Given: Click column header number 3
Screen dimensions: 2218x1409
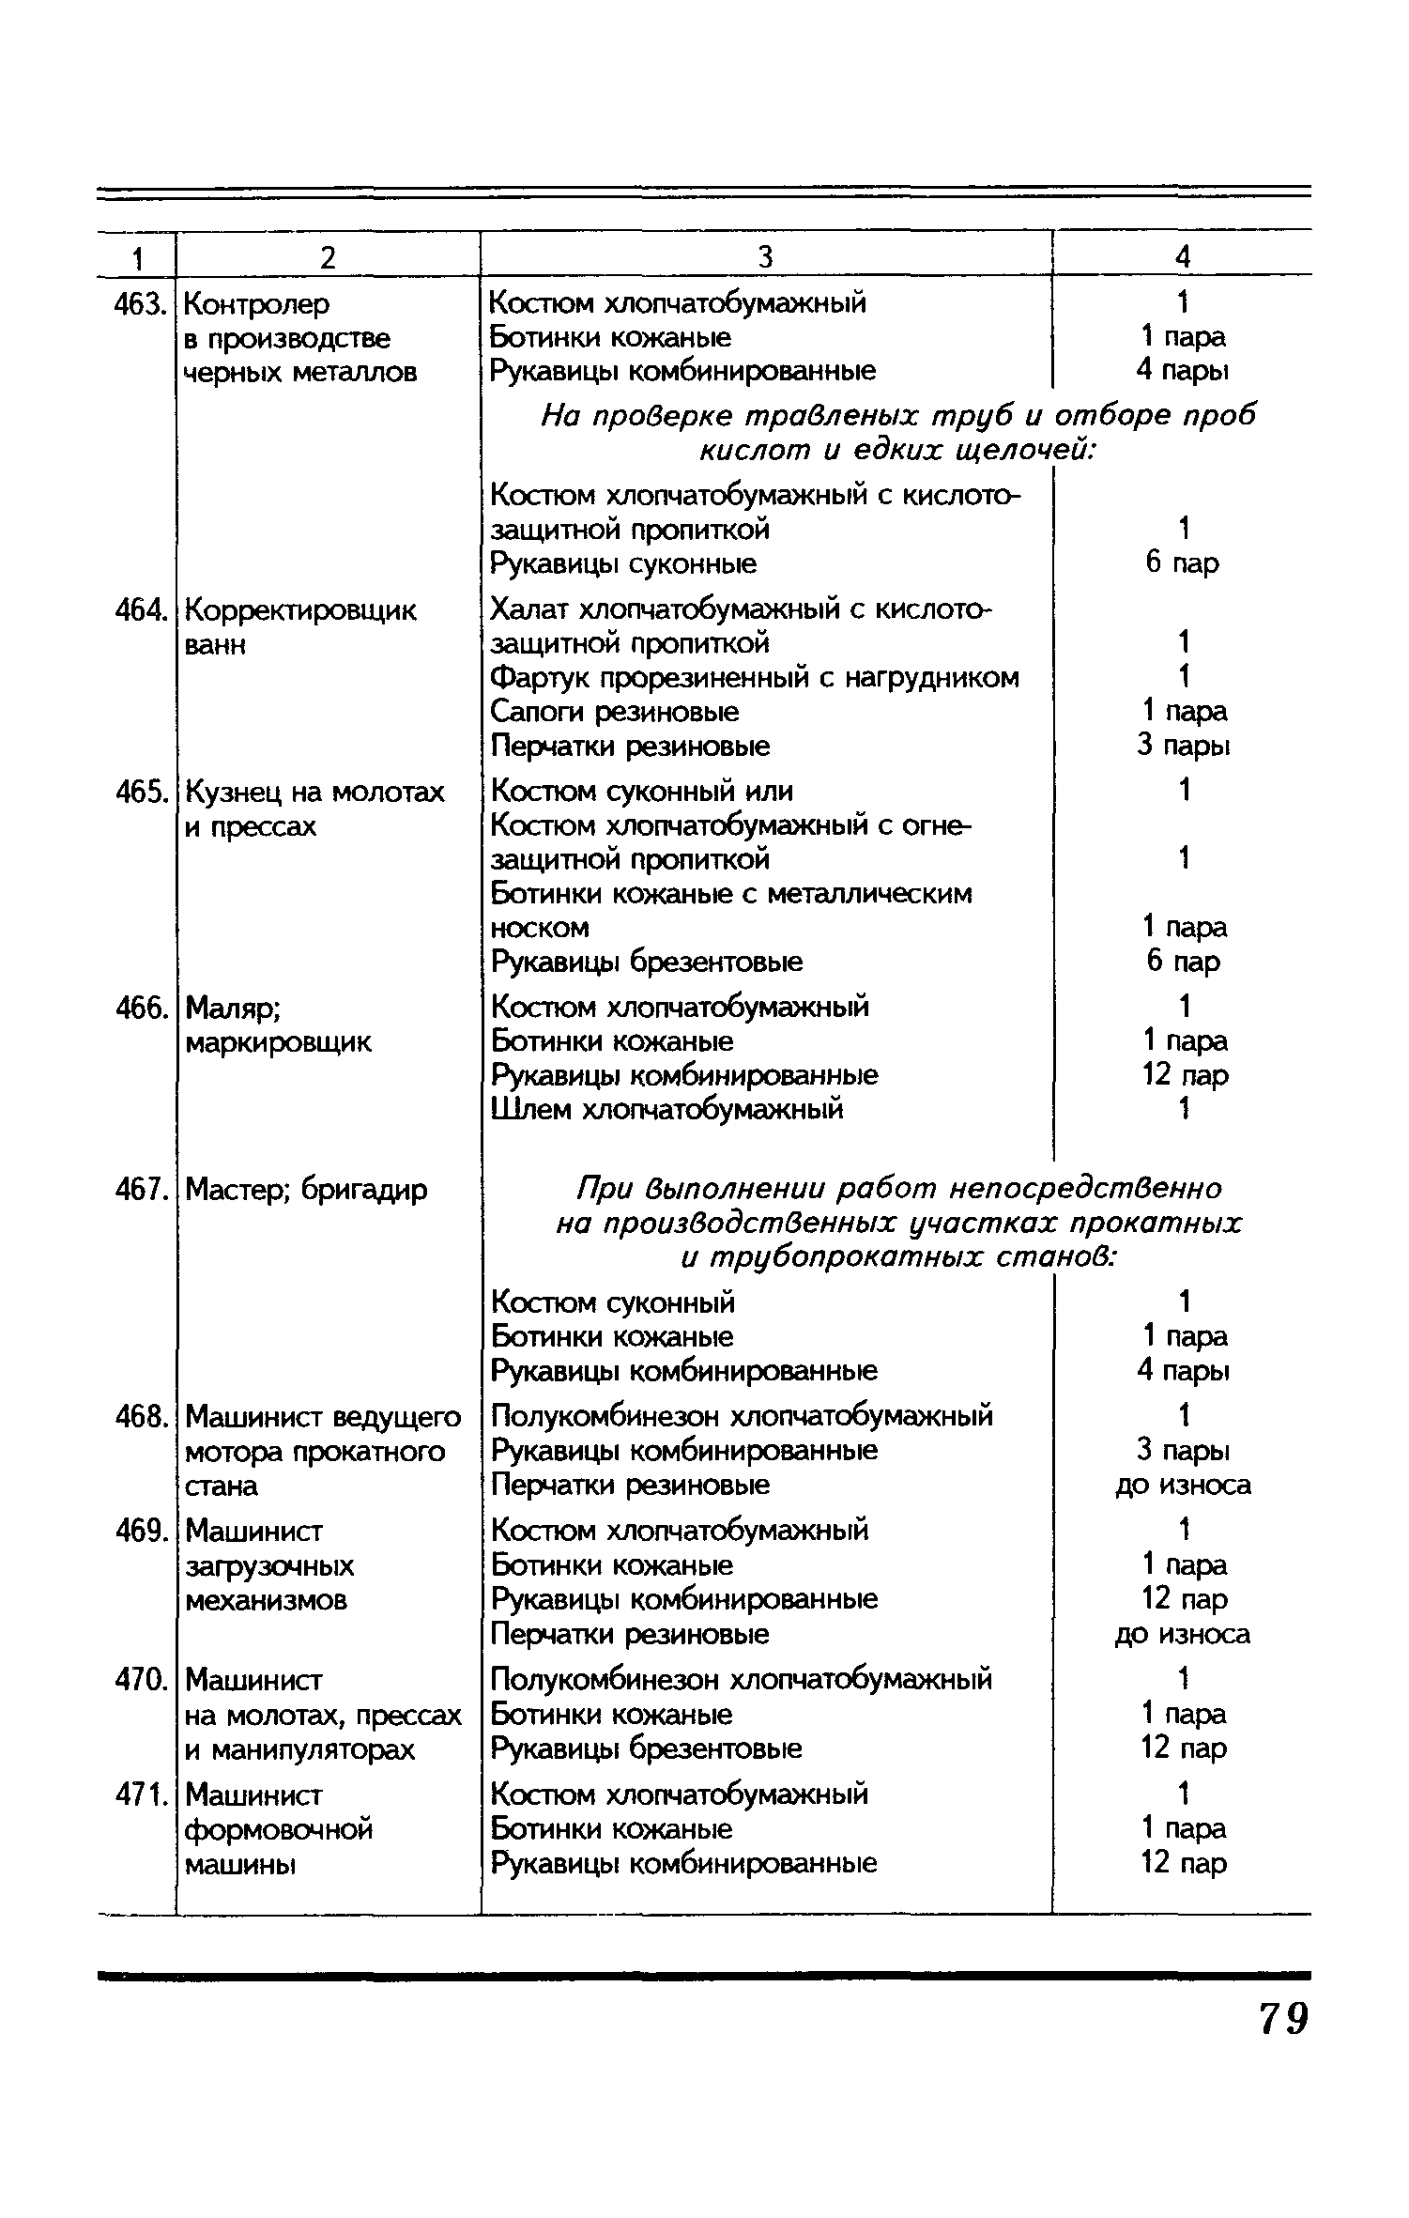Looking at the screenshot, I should point(765,256).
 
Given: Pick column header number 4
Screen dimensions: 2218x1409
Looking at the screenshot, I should point(1183,256).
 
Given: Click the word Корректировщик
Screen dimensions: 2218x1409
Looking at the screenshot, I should point(300,610).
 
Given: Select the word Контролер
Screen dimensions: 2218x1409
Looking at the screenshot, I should point(257,304).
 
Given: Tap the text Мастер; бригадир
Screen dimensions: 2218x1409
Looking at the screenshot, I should point(306,1190).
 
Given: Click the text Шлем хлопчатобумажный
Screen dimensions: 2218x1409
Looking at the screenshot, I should point(667,1109).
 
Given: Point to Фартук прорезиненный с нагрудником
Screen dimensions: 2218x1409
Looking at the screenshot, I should point(755,677).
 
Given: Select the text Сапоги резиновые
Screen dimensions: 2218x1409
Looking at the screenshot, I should point(615,712).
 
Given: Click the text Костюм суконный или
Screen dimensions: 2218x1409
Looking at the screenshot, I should point(642,792).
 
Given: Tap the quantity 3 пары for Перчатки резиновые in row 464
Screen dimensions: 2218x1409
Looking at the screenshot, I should point(1183,746).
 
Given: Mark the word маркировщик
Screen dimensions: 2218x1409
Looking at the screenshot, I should point(278,1042).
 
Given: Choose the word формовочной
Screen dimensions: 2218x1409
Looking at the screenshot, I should point(279,1829).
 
